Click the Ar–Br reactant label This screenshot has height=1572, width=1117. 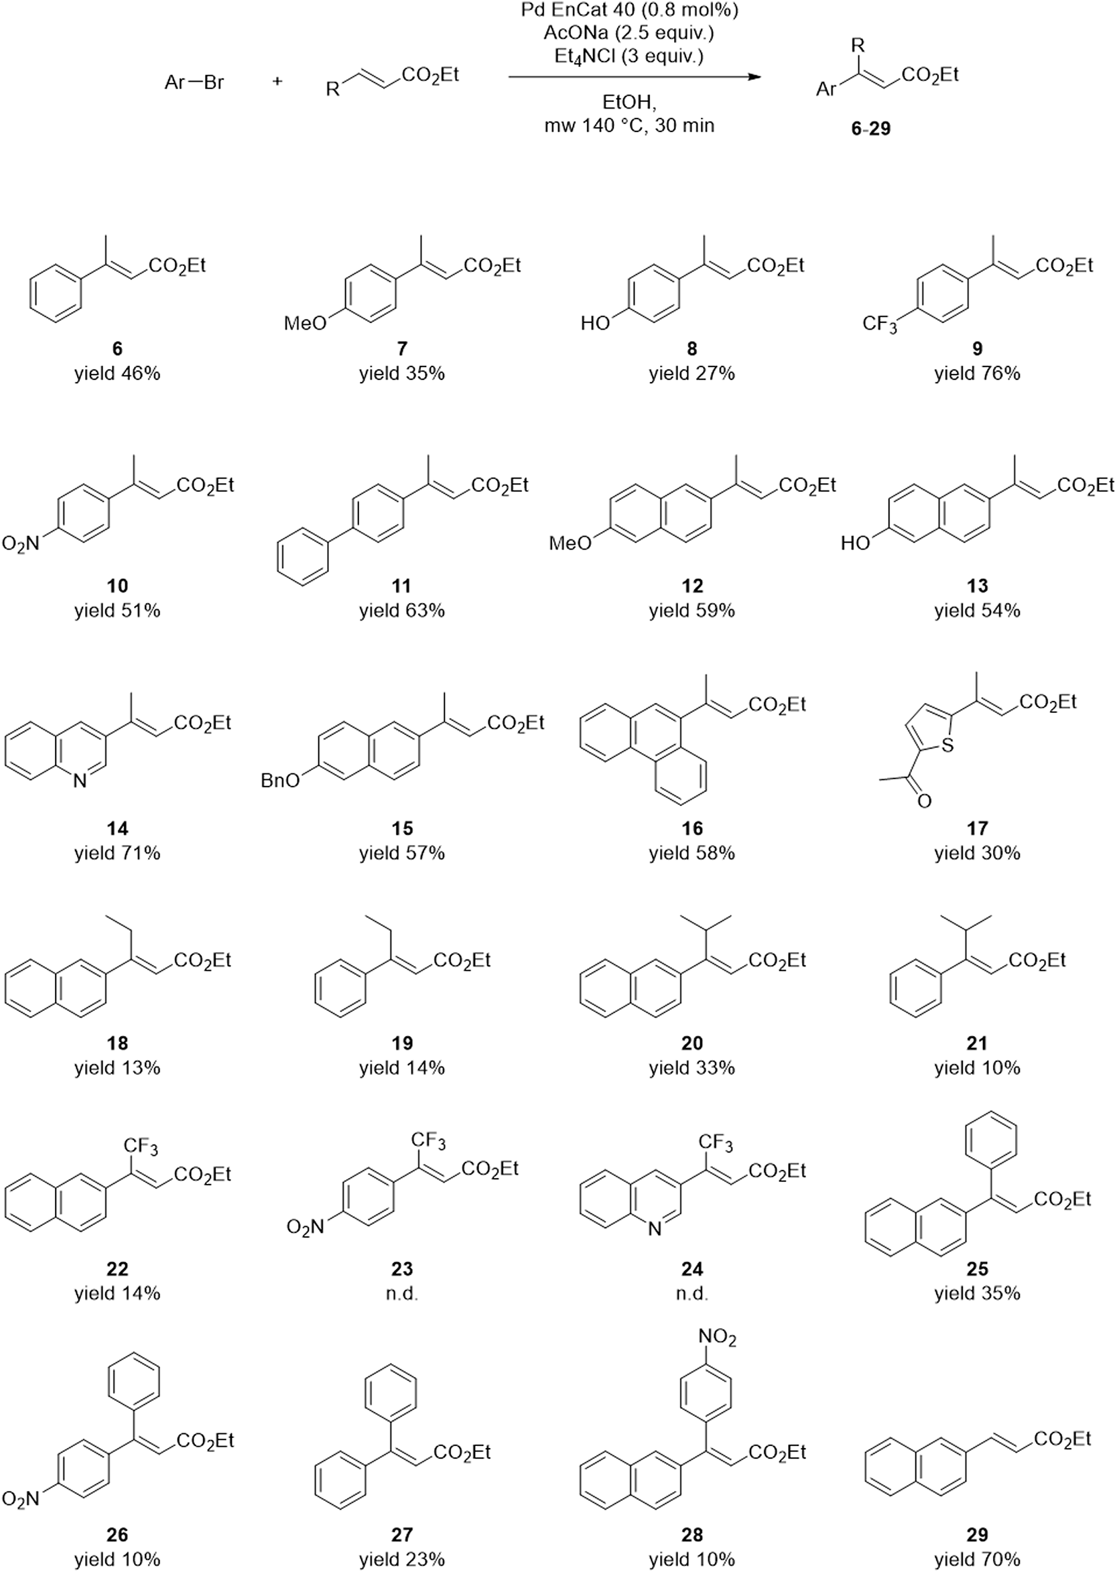pos(194,83)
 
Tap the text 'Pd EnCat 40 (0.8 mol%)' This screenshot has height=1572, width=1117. pos(630,9)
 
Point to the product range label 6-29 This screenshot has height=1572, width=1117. pos(871,129)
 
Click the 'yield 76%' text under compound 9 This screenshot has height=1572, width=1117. pos(977,373)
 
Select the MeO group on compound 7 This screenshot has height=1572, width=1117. pos(305,323)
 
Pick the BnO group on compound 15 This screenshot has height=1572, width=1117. pos(280,781)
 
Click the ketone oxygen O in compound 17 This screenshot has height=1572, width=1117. pos(925,801)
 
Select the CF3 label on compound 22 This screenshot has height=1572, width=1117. pos(141,1147)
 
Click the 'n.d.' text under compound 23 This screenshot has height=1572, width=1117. pos(401,1293)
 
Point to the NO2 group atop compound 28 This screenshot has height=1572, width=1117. pos(717,1337)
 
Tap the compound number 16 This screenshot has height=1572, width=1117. pos(692,829)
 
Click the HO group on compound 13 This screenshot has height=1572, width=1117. pos(855,543)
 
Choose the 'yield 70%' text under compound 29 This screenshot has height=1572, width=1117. pos(977,1559)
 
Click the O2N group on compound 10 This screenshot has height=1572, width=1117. pos(21,544)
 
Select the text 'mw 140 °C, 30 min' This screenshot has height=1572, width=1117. pos(629,126)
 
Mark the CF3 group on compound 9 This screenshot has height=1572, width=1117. pos(880,323)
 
